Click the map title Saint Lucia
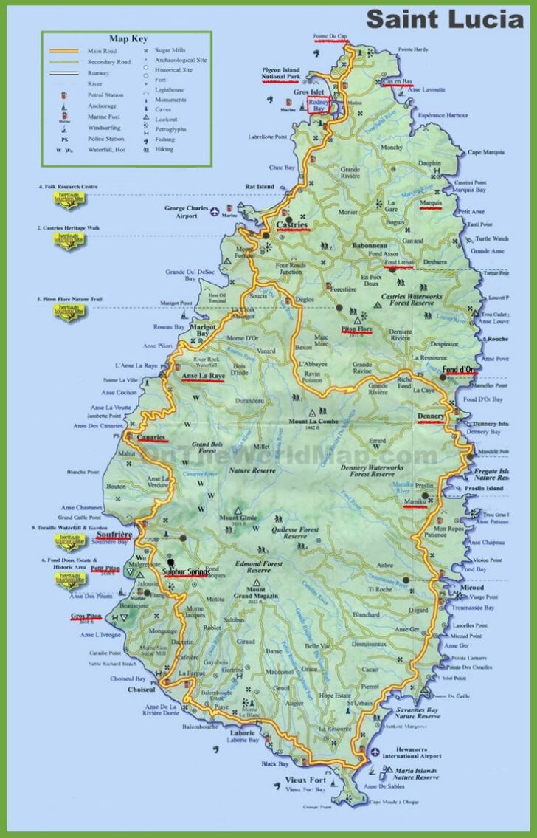[446, 18]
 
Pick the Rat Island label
[260, 187]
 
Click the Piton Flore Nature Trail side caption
[68, 300]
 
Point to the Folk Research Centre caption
[68, 188]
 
